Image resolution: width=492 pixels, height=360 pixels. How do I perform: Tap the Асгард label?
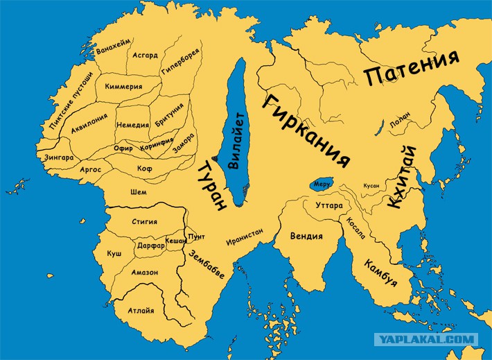tap(144, 55)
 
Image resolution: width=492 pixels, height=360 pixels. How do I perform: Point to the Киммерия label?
tap(123, 87)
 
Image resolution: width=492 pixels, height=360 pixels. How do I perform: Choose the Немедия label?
tap(132, 125)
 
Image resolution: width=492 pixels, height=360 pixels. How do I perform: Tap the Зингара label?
tap(59, 157)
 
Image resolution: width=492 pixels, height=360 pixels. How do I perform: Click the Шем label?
tap(139, 191)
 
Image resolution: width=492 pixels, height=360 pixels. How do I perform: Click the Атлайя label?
tap(141, 310)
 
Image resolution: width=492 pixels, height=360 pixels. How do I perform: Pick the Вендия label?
tap(306, 236)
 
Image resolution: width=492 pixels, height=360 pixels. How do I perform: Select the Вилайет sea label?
tap(236, 141)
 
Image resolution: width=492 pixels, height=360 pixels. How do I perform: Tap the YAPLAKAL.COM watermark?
tap(425, 339)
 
